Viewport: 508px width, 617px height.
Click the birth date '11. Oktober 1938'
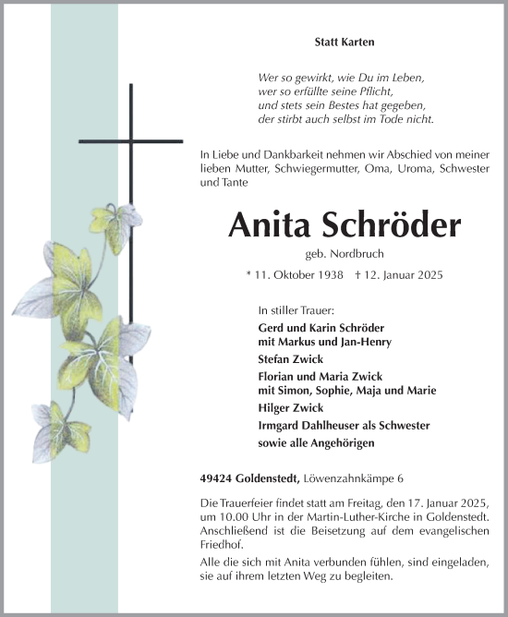click(299, 275)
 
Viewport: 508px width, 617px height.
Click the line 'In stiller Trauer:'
click(296, 311)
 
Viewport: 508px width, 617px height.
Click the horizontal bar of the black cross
click(131, 141)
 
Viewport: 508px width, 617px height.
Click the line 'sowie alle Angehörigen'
click(316, 442)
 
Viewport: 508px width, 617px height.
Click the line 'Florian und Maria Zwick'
click(321, 376)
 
